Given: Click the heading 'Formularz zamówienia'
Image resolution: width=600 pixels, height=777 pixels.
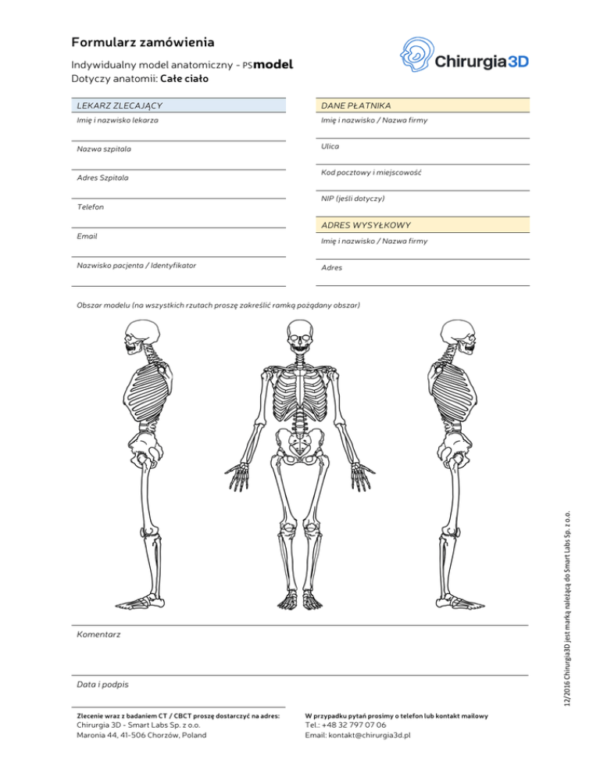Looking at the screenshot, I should tap(143, 41).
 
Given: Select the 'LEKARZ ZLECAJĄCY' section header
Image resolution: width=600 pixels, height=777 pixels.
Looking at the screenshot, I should tap(120, 105).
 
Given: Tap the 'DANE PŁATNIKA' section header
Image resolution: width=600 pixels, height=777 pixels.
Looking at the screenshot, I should tap(356, 105).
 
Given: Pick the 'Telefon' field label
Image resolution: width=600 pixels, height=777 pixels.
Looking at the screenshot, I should tap(91, 207).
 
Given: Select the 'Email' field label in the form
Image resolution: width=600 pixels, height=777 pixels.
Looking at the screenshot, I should tap(87, 235).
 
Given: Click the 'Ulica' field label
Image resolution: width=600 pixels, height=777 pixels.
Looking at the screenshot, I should tap(330, 145).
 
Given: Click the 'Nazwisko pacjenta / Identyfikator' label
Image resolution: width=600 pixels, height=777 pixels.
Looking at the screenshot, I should tap(136, 265).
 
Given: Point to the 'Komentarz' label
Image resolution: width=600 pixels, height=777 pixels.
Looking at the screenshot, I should tap(98, 635).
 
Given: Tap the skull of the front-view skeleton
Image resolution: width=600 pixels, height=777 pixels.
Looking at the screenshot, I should tap(299, 343).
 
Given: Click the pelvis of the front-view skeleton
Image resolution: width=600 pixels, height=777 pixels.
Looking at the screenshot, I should tap(299, 446).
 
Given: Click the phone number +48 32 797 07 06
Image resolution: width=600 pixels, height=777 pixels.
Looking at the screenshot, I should tap(345, 725).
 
